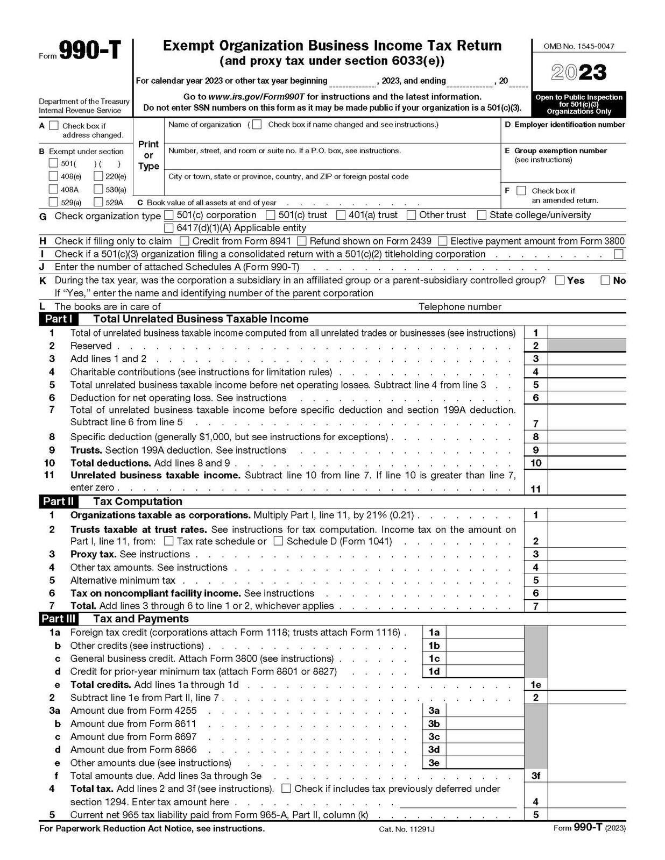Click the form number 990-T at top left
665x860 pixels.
click(89, 52)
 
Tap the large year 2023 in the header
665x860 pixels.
click(579, 73)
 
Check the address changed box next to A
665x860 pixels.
click(54, 125)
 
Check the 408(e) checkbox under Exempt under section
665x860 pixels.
click(53, 176)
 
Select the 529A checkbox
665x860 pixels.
click(98, 202)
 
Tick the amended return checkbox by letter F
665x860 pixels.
click(521, 191)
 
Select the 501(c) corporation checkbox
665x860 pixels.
click(169, 215)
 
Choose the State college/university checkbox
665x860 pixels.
click(482, 215)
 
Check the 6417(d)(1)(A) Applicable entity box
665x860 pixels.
click(169, 228)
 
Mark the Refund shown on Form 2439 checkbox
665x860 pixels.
click(302, 241)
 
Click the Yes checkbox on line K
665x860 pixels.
click(560, 280)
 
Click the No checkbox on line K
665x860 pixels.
click(605, 280)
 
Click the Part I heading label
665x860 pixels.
click(58, 319)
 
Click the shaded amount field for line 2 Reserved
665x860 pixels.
click(586, 346)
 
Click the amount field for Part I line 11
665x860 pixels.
click(586, 488)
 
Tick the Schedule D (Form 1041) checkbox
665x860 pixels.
click(278, 541)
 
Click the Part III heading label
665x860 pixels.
click(59, 619)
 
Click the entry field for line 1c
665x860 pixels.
click(485, 658)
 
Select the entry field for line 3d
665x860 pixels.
click(485, 749)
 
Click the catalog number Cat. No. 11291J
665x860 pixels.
click(406, 829)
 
